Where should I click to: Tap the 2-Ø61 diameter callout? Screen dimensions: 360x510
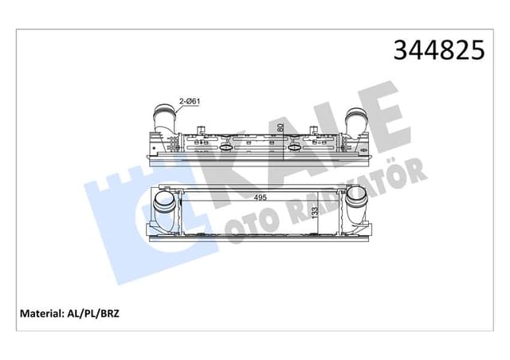(x=189, y=102)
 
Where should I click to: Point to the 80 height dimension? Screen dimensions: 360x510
(x=280, y=127)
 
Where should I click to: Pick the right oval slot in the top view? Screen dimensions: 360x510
(x=296, y=147)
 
